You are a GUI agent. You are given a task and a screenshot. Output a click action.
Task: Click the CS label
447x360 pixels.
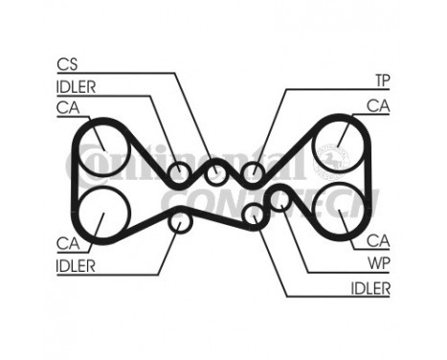67,65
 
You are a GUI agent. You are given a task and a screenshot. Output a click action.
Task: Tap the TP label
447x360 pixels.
380,79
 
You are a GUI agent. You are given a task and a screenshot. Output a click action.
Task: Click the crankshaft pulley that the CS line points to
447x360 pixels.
216,173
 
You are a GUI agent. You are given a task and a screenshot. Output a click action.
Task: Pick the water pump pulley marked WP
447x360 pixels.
279,198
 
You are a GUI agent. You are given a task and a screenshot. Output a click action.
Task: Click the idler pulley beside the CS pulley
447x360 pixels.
179,174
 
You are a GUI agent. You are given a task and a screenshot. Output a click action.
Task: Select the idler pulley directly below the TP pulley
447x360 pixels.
253,214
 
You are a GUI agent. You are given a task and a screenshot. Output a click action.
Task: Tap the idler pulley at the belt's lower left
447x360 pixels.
179,222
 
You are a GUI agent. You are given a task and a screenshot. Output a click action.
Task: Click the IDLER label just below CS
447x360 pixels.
78,87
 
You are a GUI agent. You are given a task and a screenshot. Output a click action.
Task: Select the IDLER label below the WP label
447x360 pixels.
370,287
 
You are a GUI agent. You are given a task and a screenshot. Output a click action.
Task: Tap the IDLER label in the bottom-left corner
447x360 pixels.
76,266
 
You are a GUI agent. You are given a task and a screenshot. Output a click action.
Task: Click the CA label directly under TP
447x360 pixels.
379,105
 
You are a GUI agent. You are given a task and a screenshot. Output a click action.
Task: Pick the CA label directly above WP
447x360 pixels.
380,241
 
